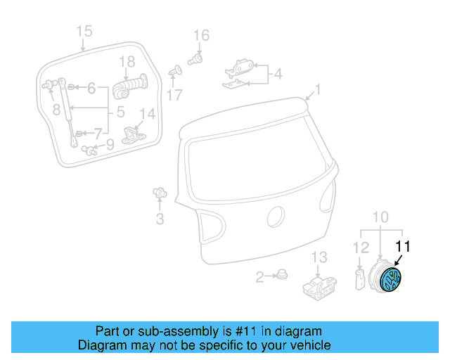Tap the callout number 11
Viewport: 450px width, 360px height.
pos(402,247)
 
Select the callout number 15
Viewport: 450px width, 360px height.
pos(84,31)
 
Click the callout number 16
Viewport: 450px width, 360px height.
pos(201,36)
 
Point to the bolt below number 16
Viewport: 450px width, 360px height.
pos(196,60)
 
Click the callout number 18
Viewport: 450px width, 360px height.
pos(127,62)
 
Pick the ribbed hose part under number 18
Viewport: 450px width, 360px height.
pos(129,86)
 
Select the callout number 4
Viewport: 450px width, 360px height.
pos(278,73)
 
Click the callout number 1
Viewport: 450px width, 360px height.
pos(317,90)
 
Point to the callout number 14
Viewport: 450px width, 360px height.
pos(147,114)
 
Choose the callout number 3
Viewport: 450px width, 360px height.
pos(160,219)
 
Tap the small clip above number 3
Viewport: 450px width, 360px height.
pos(160,192)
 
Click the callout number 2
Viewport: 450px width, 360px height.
pos(259,278)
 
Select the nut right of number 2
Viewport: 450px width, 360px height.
pos(282,276)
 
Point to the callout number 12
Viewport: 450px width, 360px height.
pos(360,247)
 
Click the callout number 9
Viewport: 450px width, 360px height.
pos(109,145)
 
